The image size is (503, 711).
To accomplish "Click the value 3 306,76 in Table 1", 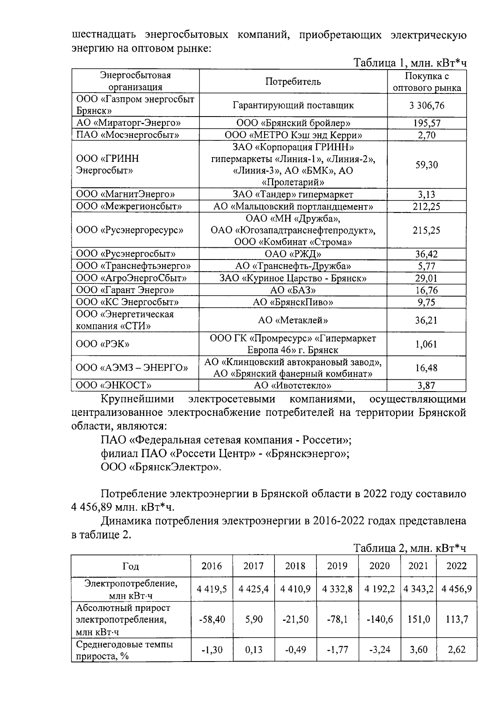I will [x=427, y=105].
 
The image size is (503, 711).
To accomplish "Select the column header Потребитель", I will [x=293, y=81].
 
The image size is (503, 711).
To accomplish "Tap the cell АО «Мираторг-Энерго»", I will [x=129, y=123].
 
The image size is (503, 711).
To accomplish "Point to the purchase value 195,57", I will [x=427, y=123].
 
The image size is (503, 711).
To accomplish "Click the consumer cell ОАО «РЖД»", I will [x=293, y=254].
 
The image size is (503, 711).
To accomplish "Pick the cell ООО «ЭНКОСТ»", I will [x=114, y=385].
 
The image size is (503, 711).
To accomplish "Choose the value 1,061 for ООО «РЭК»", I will [x=427, y=344].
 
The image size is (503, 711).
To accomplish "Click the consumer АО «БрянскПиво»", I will [x=293, y=302].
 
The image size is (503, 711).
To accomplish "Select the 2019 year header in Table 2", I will [x=337, y=566].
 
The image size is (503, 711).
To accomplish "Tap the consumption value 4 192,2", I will [x=379, y=589].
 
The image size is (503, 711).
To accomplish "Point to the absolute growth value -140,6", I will [x=379, y=619].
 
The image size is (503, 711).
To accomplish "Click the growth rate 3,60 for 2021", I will [x=418, y=650].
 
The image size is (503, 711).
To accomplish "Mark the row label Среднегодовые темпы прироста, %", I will [x=124, y=650].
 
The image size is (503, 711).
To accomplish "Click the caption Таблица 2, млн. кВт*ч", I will [x=410, y=548].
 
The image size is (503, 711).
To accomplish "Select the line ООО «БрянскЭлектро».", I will [x=161, y=467].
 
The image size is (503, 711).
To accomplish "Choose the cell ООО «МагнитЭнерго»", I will [x=125, y=195].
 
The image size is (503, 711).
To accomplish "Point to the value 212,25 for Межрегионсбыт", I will [x=427, y=207].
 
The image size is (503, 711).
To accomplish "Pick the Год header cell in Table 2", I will [x=130, y=566].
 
